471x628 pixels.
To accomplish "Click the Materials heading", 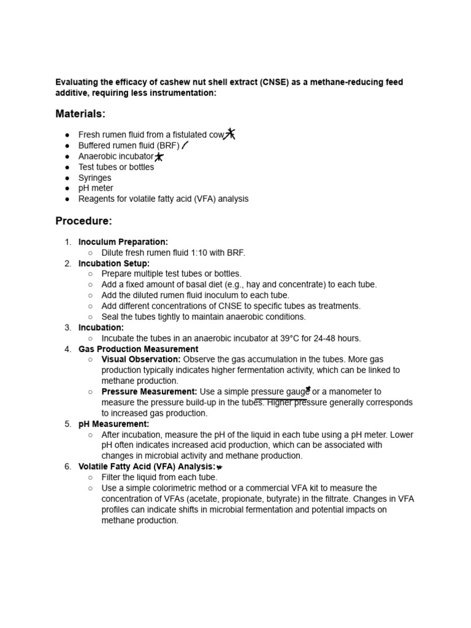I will tap(80, 113).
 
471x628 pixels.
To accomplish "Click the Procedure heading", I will tap(83, 221).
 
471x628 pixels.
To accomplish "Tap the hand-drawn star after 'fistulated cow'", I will tap(230, 134).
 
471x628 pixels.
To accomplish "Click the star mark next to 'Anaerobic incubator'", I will tap(159, 157).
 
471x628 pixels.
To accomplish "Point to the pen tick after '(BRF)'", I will tap(185, 145).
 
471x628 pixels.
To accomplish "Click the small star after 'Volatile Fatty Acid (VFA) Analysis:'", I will tap(220, 467).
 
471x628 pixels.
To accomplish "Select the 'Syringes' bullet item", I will tap(95, 178).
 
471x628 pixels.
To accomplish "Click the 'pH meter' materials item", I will tap(96, 188).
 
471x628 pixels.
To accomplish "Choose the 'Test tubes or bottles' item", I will tap(116, 167).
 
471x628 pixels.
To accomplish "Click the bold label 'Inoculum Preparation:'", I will tap(123, 242).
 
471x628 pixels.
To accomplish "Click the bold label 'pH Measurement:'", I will tap(113, 424).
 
